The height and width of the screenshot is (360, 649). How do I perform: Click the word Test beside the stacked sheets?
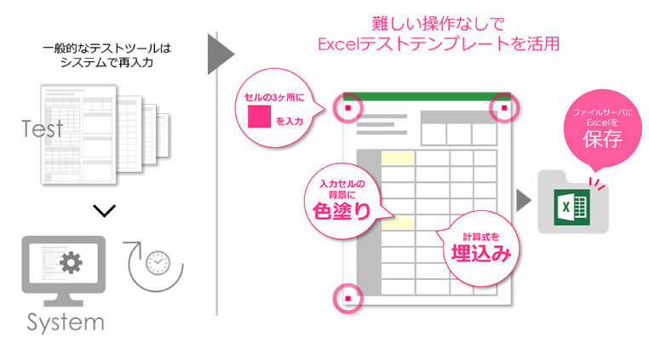click(43, 129)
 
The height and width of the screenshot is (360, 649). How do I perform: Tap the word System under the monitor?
click(65, 323)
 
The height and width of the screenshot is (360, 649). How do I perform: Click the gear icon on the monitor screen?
click(72, 263)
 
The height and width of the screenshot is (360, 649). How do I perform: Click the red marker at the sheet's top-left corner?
click(348, 109)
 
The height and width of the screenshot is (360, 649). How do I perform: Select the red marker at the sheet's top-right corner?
click(504, 108)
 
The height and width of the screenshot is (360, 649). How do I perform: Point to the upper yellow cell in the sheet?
click(398, 157)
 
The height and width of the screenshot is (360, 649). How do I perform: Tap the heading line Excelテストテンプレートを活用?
click(435, 43)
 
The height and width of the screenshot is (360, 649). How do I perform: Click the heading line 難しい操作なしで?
click(434, 22)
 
